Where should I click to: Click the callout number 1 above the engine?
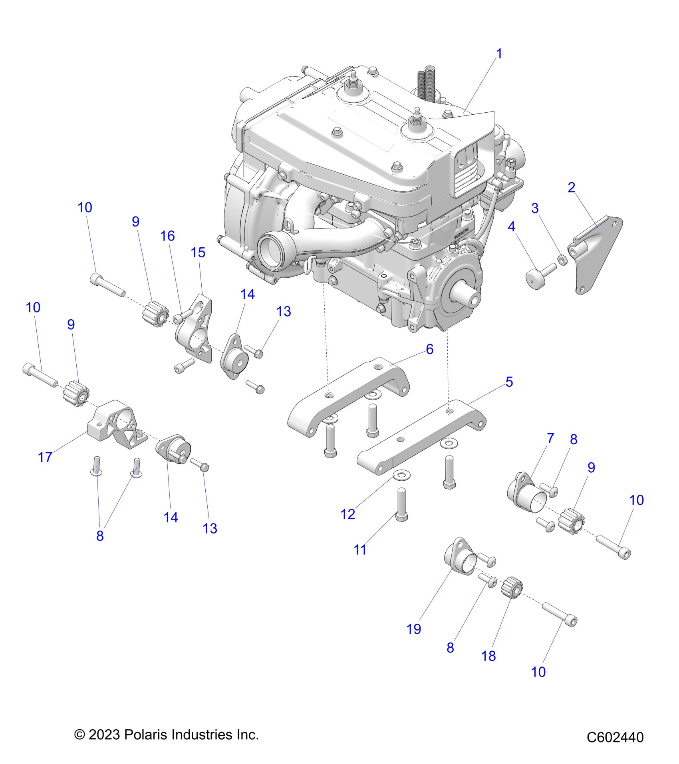pos(499,54)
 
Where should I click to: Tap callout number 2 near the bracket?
pos(572,187)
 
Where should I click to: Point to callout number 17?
pos(45,457)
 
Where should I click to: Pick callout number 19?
pos(414,629)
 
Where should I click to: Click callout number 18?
pos(489,656)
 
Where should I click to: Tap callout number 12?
pos(347,514)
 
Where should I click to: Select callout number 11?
pos(360,550)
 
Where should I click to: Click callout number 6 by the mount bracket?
pos(430,349)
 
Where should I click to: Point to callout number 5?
pos(509,382)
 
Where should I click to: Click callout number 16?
pos(168,236)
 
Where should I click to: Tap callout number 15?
pos(198,252)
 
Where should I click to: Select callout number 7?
pos(551,438)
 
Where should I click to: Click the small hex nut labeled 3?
pos(562,261)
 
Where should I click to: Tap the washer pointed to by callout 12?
pos(398,475)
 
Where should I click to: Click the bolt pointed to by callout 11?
pos(401,505)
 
